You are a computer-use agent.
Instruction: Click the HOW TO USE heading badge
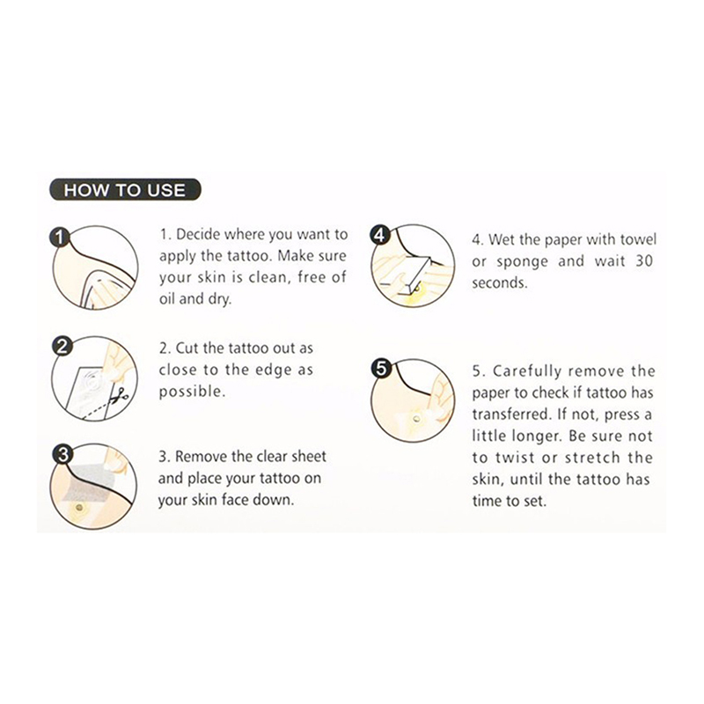tap(125, 190)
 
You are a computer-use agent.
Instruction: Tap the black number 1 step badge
tap(60, 237)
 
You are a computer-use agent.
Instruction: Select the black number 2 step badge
tap(62, 347)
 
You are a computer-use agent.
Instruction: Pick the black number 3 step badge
tap(62, 454)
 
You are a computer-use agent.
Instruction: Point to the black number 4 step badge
tap(380, 235)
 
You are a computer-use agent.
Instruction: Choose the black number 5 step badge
tap(381, 369)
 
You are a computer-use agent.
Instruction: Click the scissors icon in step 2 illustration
tap(120, 395)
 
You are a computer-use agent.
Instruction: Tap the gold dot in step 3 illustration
tap(80, 508)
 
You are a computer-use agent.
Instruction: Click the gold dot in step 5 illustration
tap(416, 420)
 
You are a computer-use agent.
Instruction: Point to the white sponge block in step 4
tap(403, 273)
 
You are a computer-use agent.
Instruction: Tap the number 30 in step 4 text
tap(644, 260)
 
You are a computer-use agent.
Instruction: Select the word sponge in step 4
tap(522, 262)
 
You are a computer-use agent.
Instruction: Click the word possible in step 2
tap(192, 392)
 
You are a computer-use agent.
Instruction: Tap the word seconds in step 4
tap(498, 282)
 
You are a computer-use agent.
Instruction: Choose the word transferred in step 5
tap(511, 414)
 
